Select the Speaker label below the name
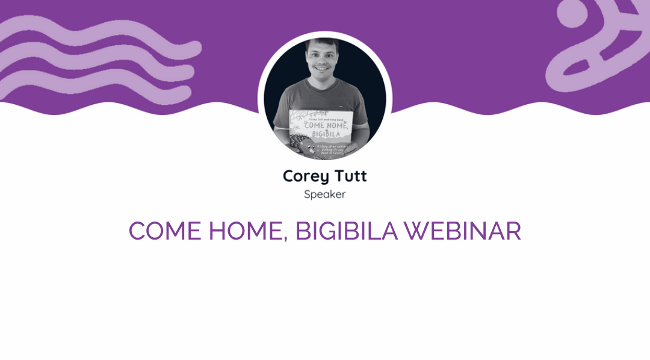tap(325, 194)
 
